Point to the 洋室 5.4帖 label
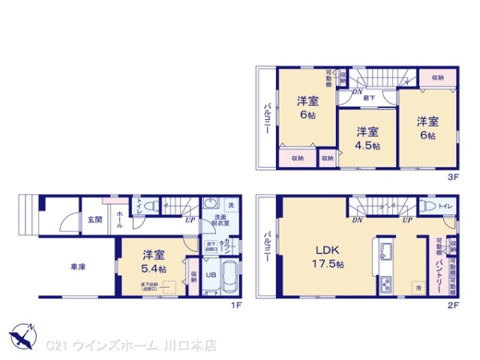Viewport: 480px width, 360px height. tap(154, 262)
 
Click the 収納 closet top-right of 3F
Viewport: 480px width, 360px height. tap(438, 78)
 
